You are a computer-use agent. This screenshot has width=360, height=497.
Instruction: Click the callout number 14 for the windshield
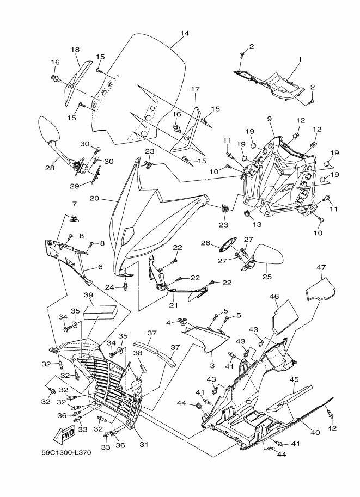(185, 34)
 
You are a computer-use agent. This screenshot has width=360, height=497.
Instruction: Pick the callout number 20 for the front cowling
(93, 199)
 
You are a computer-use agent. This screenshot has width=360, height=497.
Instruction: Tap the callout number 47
(321, 267)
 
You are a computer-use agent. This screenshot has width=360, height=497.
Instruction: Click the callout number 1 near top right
(300, 58)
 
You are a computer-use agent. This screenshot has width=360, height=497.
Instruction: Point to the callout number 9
(269, 118)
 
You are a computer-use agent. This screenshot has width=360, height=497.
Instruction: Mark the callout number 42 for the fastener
(331, 428)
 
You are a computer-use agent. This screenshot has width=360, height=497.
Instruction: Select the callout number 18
(75, 50)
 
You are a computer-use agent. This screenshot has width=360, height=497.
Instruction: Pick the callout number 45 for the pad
(294, 379)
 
